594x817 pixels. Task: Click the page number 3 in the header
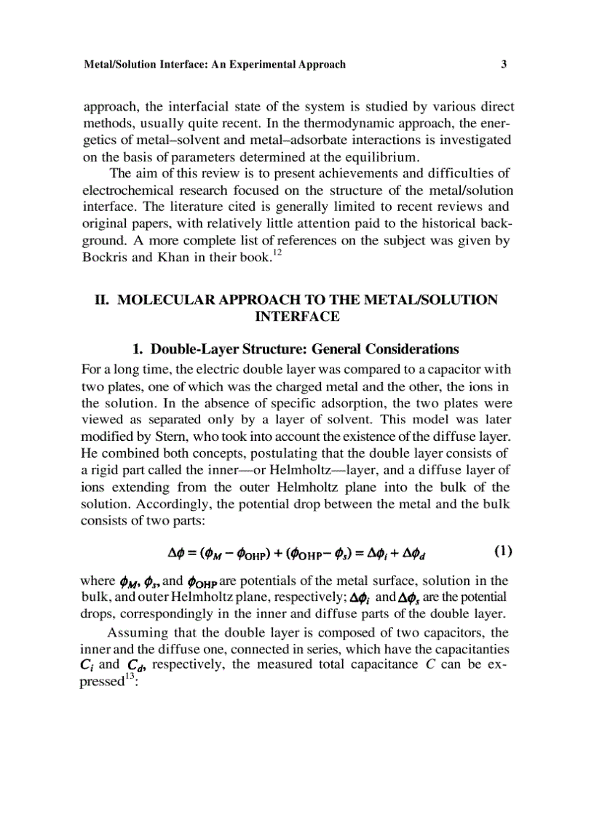pyautogui.click(x=504, y=64)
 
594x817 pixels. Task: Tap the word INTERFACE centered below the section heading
pyautogui.click(x=298, y=316)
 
